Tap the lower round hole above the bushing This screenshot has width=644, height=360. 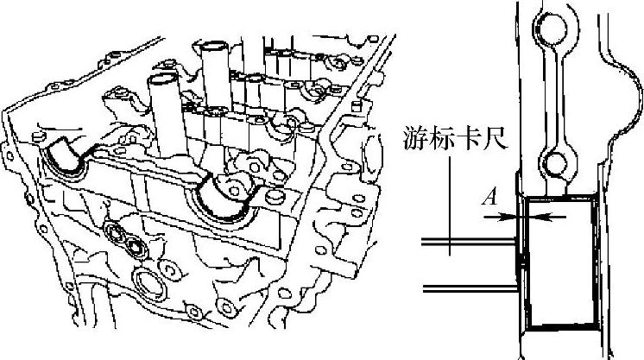coord(554,160)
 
